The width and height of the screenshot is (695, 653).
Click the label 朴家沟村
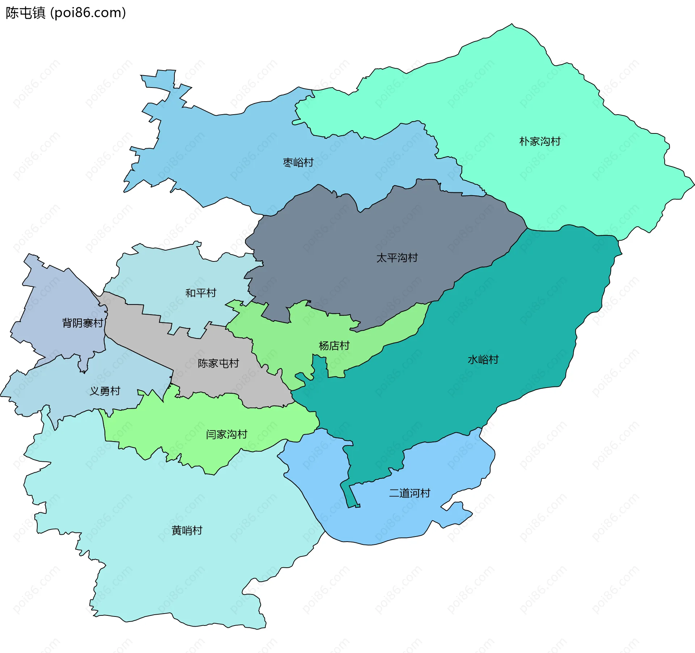point(540,141)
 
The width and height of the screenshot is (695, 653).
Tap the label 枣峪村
point(298,162)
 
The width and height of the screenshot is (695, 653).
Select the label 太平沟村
point(397,258)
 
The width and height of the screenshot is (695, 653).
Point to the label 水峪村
point(483,359)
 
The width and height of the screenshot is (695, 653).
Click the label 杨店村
point(334,346)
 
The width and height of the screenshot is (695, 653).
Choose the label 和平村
point(201,293)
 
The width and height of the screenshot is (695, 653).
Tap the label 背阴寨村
point(83,323)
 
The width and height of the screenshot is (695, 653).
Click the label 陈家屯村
point(218,363)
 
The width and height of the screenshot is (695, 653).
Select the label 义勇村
point(105,391)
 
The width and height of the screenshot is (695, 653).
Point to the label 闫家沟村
point(226,434)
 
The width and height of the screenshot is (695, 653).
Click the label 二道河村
point(409,493)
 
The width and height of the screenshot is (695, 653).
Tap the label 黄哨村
point(187,530)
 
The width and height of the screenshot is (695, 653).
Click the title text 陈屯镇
point(25,13)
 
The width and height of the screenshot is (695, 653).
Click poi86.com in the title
point(88,13)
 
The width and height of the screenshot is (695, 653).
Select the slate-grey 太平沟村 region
point(362,235)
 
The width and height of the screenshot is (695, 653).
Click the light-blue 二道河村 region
point(380,521)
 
